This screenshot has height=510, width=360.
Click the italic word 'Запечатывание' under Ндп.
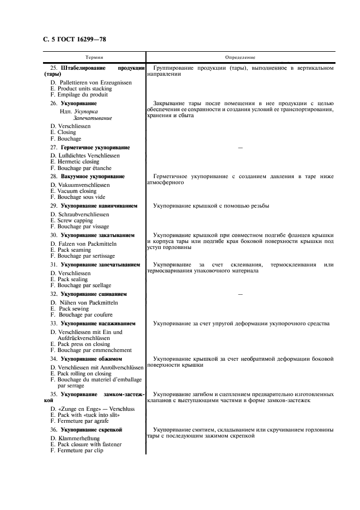point(93,118)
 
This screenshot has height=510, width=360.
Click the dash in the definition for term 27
point(240,148)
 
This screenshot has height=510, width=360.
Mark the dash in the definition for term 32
point(240,294)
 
